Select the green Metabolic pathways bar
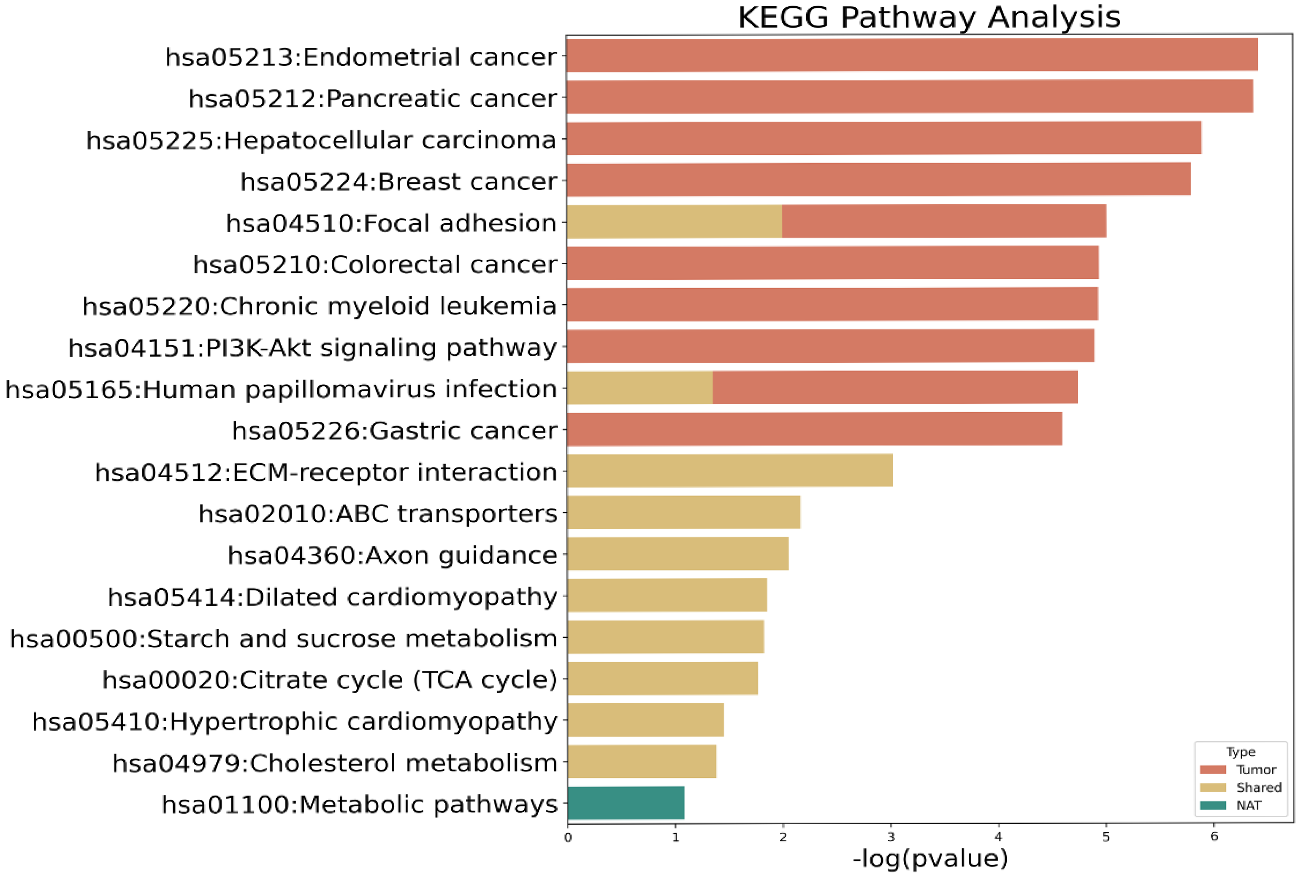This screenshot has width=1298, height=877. pos(626,803)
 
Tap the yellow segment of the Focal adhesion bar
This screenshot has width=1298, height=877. pos(674,221)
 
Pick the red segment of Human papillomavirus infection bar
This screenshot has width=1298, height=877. pos(895,387)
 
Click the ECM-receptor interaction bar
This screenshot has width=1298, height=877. pos(729,470)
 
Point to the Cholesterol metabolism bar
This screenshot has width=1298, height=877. pos(642,761)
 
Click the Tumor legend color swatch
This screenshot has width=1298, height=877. pos(1213,769)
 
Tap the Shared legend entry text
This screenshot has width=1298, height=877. pos(1258,787)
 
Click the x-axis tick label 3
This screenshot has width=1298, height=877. pos(890,837)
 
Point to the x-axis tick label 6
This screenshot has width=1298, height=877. pos(1213,837)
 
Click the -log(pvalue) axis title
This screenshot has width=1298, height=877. pos(930,858)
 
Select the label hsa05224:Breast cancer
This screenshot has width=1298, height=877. pos(398,181)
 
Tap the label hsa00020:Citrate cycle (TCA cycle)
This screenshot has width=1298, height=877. pos(330,680)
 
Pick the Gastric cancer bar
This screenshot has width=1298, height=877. pos(814,429)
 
